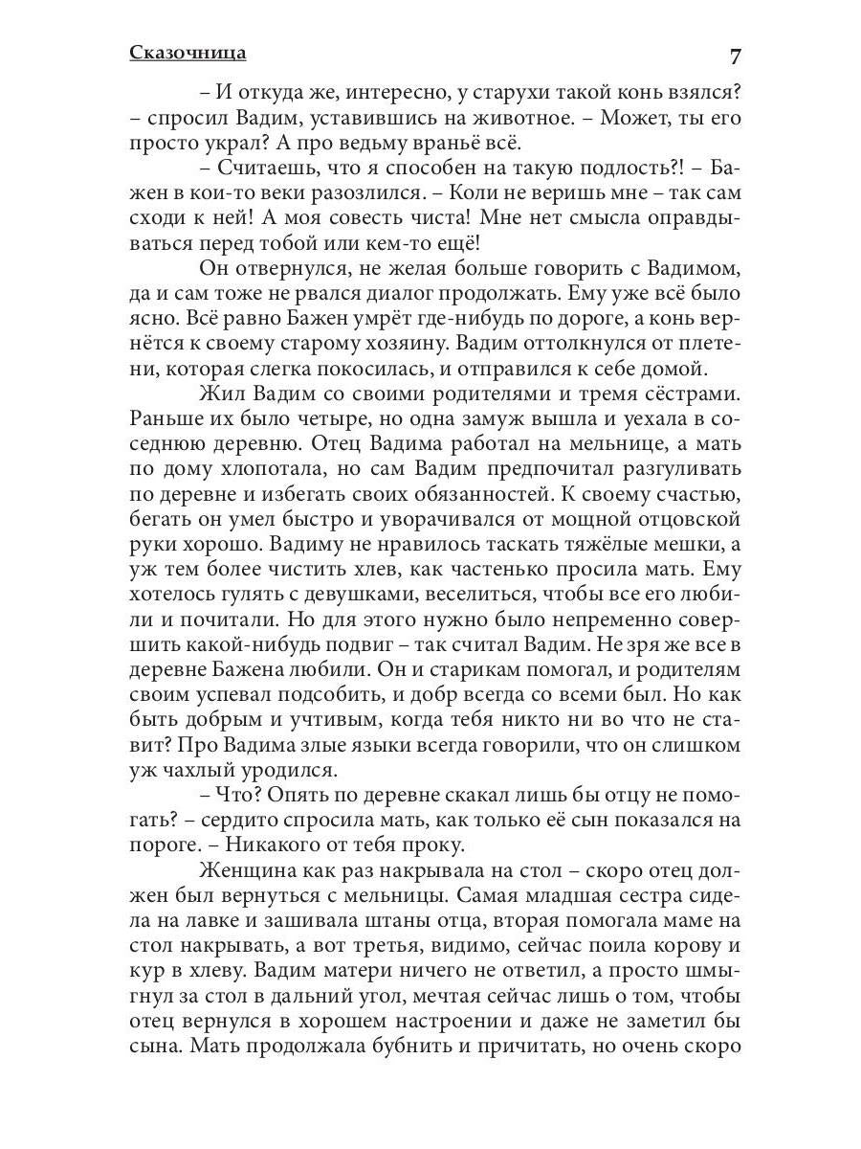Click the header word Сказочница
click(188, 53)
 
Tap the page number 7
click(735, 56)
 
